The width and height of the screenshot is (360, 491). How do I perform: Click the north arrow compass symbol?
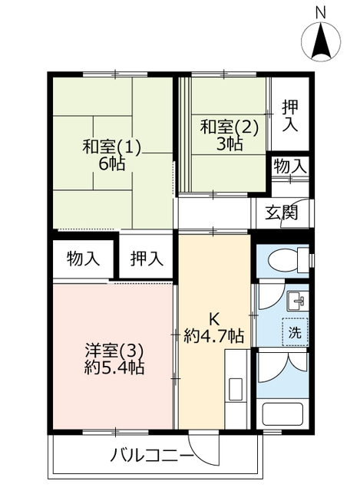click(321, 41)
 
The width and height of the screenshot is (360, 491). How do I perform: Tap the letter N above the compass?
click(320, 13)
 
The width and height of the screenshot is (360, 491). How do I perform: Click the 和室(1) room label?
click(112, 147)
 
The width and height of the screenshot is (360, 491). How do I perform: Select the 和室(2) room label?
click(229, 127)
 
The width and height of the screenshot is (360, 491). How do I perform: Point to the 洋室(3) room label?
click(114, 351)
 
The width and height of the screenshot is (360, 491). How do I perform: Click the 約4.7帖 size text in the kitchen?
click(213, 336)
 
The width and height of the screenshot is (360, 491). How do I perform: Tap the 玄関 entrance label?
click(281, 213)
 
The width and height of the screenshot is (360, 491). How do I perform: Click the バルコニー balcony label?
click(152, 455)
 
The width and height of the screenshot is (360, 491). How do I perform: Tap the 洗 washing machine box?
click(295, 332)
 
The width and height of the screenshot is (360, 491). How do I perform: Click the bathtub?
click(282, 414)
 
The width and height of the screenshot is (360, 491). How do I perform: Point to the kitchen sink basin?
click(236, 390)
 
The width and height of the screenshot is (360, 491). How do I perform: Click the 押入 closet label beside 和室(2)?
click(290, 116)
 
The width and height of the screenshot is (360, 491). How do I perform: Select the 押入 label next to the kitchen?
click(147, 259)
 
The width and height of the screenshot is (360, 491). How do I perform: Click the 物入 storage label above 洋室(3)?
click(83, 259)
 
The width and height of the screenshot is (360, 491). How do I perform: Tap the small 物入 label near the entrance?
click(290, 166)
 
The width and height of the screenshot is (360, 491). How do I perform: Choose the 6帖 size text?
click(112, 163)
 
